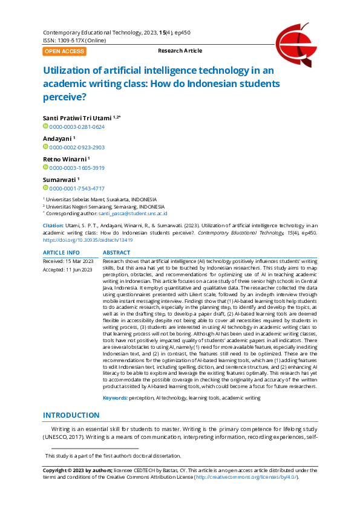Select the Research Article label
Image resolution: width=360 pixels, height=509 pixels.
pyautogui.click(x=180, y=51)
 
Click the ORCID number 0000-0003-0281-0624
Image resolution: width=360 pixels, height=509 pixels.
pyautogui.click(x=77, y=127)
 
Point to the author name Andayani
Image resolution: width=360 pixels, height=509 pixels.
pyautogui.click(x=57, y=137)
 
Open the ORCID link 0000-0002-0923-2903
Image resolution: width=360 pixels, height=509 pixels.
pyautogui.click(x=77, y=147)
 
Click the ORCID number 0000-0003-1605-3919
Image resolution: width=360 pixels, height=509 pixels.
pyautogui.click(x=77, y=168)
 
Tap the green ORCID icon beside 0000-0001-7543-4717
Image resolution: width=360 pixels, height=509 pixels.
pyautogui.click(x=45, y=189)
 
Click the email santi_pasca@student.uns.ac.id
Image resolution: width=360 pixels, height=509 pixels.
pyautogui.click(x=133, y=213)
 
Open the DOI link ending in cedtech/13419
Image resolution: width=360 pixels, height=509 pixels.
pyautogui.click(x=88, y=240)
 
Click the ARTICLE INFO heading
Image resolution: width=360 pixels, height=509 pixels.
pyautogui.click(x=61, y=252)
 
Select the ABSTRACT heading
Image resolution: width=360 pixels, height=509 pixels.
pyautogui.click(x=116, y=252)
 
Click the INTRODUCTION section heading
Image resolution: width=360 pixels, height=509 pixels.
pyautogui.click(x=71, y=415)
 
